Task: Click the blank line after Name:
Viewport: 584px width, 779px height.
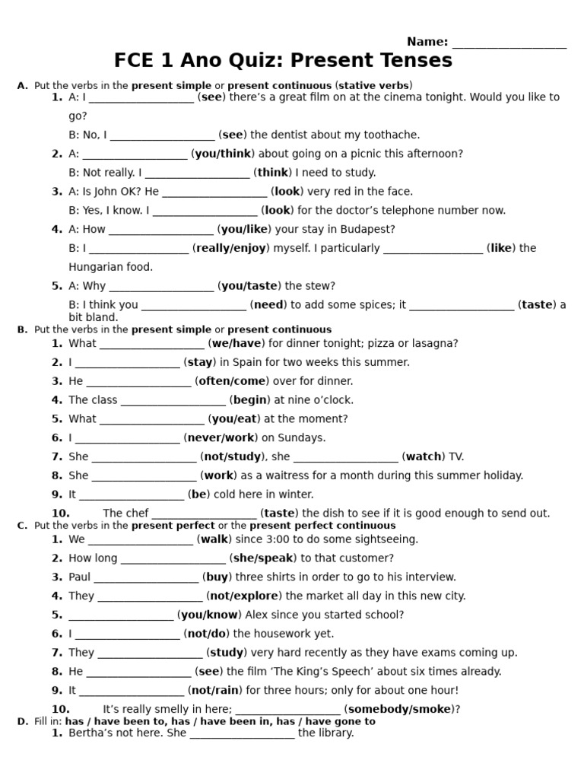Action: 509,44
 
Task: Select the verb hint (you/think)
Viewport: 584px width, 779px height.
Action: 221,154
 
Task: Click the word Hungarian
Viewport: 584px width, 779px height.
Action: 96,267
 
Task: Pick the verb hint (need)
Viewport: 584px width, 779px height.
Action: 268,305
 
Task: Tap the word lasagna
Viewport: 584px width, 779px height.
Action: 435,343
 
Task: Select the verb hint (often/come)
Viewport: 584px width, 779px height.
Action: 233,381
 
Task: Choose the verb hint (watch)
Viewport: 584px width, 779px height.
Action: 424,456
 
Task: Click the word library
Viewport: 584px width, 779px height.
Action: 335,733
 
